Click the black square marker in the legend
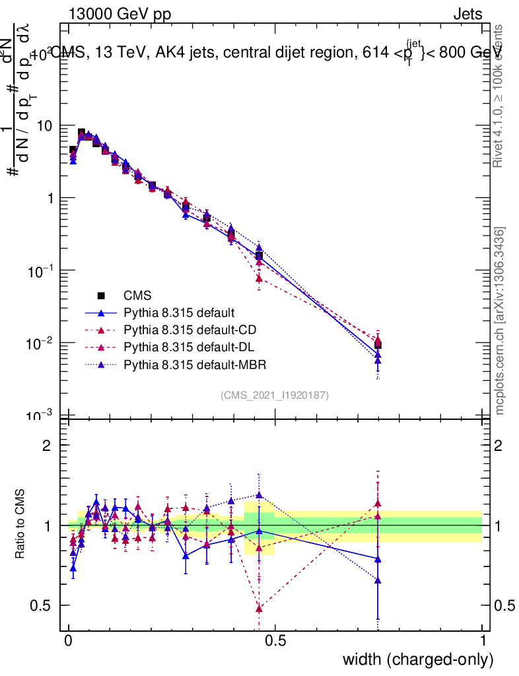[101, 296]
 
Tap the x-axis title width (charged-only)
[418, 659]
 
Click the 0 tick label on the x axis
[69, 640]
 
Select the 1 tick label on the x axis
[483, 640]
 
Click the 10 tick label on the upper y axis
[46, 125]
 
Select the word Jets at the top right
[467, 15]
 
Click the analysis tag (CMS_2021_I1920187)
[275, 395]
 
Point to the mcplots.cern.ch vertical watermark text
[500, 320]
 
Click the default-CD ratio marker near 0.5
[259, 607]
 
